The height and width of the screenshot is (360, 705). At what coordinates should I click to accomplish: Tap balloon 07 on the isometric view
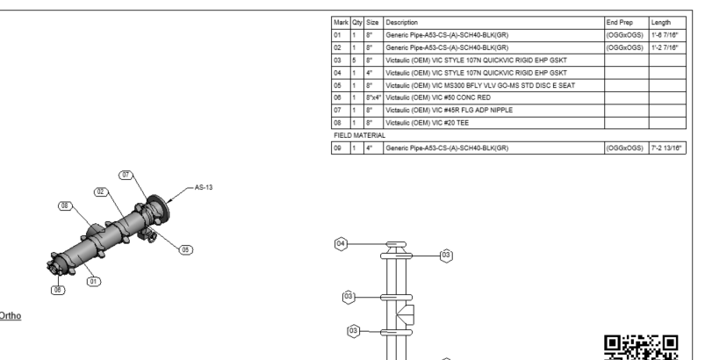click(126, 174)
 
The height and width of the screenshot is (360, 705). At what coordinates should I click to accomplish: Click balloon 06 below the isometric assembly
click(58, 287)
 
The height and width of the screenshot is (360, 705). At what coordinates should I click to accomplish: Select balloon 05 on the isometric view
click(184, 248)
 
